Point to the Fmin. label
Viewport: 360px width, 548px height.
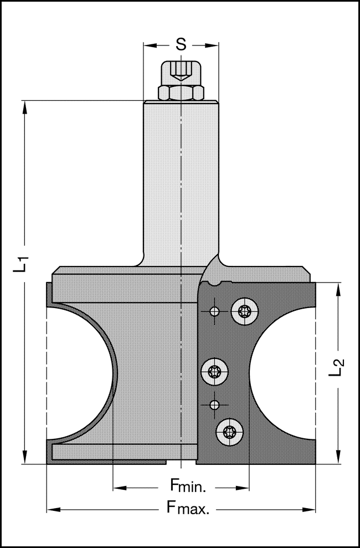188,488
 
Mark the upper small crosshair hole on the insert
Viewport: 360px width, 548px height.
214,311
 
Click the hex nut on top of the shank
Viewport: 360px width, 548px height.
181,93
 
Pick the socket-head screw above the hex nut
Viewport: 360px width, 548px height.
181,72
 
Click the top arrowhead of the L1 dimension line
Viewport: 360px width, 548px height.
24,106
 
